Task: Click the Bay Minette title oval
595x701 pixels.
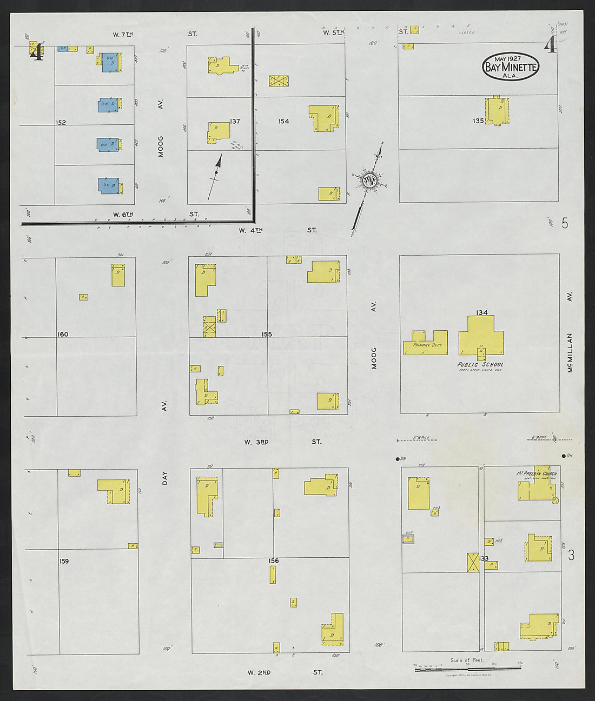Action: click(x=511, y=67)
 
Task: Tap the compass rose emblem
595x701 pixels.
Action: click(x=371, y=181)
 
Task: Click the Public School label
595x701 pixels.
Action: click(x=481, y=364)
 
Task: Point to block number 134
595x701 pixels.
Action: click(x=481, y=313)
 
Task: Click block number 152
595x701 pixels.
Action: click(x=61, y=123)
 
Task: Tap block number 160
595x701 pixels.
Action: click(x=63, y=335)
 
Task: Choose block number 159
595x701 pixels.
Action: click(x=64, y=561)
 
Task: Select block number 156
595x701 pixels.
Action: click(x=274, y=561)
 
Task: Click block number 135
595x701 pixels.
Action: click(x=478, y=121)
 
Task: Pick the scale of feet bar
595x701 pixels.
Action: click(x=467, y=669)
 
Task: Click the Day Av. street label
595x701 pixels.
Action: click(x=165, y=478)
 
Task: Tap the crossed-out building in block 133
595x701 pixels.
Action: click(x=473, y=563)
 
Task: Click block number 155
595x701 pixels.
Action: click(x=266, y=335)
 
